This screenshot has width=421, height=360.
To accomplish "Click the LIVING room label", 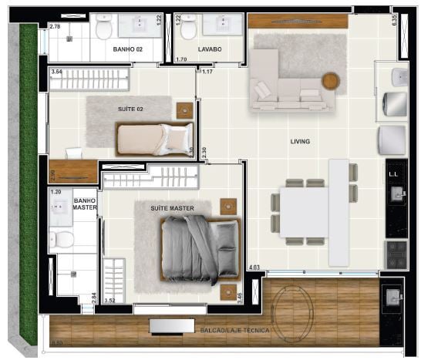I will (x=300, y=142).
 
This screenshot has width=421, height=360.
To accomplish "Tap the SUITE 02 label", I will (x=130, y=109).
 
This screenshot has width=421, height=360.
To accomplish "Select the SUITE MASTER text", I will (x=172, y=208).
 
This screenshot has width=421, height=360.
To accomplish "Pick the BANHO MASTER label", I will (x=84, y=204).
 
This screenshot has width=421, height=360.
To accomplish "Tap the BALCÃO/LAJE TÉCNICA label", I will (x=232, y=330).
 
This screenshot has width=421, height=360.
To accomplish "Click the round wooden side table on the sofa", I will (x=331, y=81).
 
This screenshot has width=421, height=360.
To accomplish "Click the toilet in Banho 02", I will (x=105, y=29).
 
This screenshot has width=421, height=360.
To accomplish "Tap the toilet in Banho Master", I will (x=66, y=238).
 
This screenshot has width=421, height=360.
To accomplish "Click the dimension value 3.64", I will (x=56, y=72).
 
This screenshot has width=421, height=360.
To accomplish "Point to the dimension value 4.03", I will (x=254, y=267).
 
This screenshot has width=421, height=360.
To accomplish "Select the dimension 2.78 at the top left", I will (x=55, y=27).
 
